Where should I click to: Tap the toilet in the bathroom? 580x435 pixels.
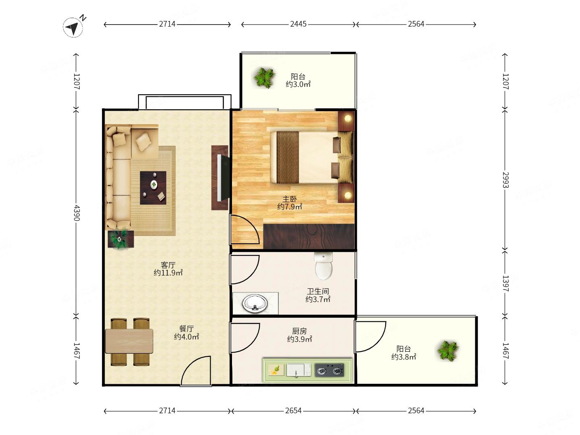point(323,265)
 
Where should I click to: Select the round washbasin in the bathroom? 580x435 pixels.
point(255,303)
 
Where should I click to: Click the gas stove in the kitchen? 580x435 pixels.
point(329,370)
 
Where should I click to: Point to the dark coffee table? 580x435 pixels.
point(153,188)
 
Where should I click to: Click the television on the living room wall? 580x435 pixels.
point(223,178)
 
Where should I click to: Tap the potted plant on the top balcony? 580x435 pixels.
point(264,78)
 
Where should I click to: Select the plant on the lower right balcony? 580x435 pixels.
point(448,351)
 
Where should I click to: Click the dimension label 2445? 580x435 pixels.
point(298,24)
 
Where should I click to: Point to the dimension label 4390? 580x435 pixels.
point(77,213)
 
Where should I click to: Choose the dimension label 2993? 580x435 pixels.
point(505,180)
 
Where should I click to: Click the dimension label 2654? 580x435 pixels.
point(293,410)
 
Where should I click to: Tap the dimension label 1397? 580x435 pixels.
point(505,284)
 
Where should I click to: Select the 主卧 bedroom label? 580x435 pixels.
point(290,199)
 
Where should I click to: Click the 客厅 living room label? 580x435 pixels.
point(168,265)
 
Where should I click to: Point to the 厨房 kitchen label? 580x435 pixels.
point(299,331)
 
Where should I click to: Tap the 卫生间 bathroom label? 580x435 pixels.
point(318,291)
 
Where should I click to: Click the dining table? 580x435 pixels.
point(129,341)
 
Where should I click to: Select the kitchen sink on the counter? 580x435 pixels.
point(298,370)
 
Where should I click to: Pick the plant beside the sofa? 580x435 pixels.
point(120,239)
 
